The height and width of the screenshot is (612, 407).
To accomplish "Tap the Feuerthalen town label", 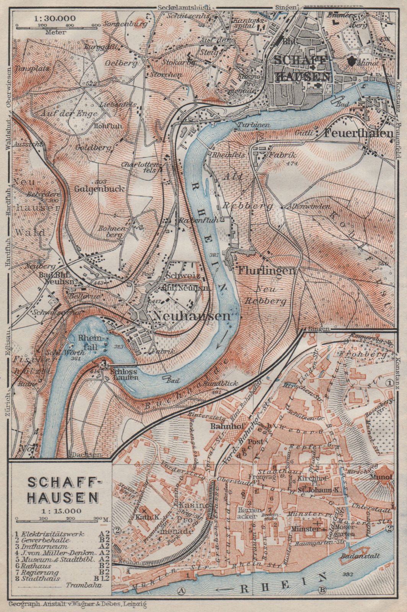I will (359, 133).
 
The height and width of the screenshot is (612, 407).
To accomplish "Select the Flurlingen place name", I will (267, 271).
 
